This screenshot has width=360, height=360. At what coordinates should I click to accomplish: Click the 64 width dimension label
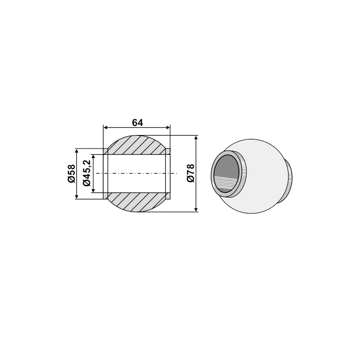(x=137, y=122)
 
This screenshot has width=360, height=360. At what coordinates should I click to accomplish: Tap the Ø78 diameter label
(x=190, y=173)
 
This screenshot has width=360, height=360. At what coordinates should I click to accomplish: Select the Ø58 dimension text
(x=71, y=173)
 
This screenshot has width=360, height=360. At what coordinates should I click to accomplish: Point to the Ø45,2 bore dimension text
(x=87, y=173)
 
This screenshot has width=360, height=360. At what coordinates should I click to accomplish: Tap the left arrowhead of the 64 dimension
(x=106, y=128)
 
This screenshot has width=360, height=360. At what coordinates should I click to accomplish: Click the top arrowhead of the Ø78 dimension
(x=197, y=138)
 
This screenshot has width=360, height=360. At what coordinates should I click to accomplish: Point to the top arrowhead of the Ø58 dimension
(x=77, y=151)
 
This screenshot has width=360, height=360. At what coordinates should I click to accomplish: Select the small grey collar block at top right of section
(x=168, y=151)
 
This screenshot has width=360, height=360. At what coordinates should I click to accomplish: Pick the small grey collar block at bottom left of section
(x=105, y=196)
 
